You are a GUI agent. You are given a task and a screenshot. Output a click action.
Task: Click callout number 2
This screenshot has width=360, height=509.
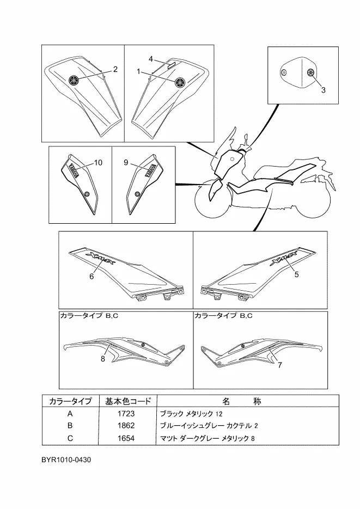(115, 69)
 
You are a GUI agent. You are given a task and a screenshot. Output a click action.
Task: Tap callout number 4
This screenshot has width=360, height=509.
(151, 58)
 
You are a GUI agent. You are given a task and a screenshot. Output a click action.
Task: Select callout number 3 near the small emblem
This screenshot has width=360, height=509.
(323, 90)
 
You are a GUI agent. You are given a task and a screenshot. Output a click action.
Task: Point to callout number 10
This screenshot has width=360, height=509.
(99, 163)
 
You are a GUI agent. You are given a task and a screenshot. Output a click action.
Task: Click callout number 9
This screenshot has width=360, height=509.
(125, 163)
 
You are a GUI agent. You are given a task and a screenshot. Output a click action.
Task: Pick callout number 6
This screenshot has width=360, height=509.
(92, 277)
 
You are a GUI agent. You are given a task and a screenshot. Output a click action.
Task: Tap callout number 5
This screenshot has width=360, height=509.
(297, 275)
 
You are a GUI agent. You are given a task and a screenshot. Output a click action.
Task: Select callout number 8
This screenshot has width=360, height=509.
(102, 358)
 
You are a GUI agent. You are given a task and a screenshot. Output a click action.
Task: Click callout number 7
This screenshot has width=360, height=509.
(280, 365)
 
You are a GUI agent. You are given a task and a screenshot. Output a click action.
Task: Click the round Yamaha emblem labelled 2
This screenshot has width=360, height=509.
(74, 79)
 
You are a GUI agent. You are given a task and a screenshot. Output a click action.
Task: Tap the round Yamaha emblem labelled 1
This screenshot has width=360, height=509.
(179, 82)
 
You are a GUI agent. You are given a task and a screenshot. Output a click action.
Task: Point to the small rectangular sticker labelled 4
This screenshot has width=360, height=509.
(171, 64)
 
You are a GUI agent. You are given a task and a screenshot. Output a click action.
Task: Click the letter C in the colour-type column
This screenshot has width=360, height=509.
(70, 438)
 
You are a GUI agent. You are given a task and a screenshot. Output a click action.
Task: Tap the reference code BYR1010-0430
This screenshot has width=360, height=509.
(66, 459)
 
